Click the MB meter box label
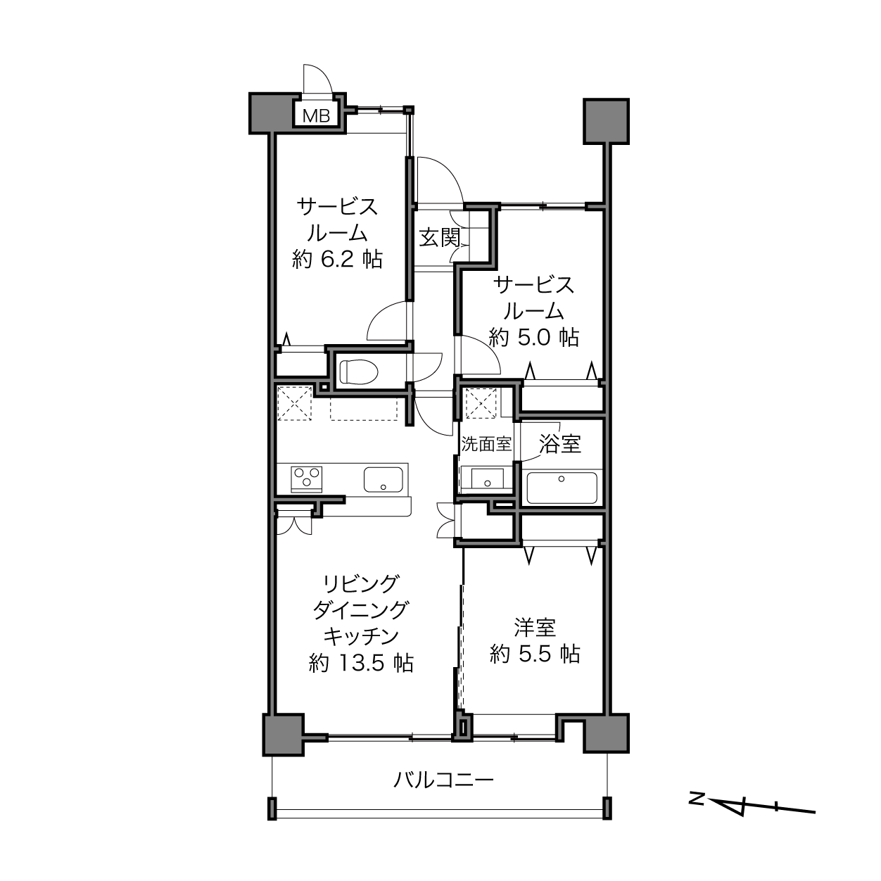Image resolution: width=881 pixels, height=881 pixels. (317, 115)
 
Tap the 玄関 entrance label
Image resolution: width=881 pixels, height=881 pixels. (439, 237)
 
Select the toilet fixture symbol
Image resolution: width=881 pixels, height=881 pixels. (359, 371)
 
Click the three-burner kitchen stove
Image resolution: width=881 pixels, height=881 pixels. (307, 478)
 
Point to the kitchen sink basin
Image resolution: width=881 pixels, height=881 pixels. (383, 479)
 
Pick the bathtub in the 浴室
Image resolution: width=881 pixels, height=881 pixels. (562, 488)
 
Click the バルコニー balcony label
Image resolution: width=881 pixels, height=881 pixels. (443, 779)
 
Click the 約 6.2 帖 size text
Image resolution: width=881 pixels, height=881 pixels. (337, 260)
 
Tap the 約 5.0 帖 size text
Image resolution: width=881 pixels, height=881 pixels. (533, 338)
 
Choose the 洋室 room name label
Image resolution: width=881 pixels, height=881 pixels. (535, 628)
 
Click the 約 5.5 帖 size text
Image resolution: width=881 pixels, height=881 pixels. (535, 654)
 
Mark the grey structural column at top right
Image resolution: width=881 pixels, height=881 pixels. (607, 121)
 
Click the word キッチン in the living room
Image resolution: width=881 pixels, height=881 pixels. (361, 636)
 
